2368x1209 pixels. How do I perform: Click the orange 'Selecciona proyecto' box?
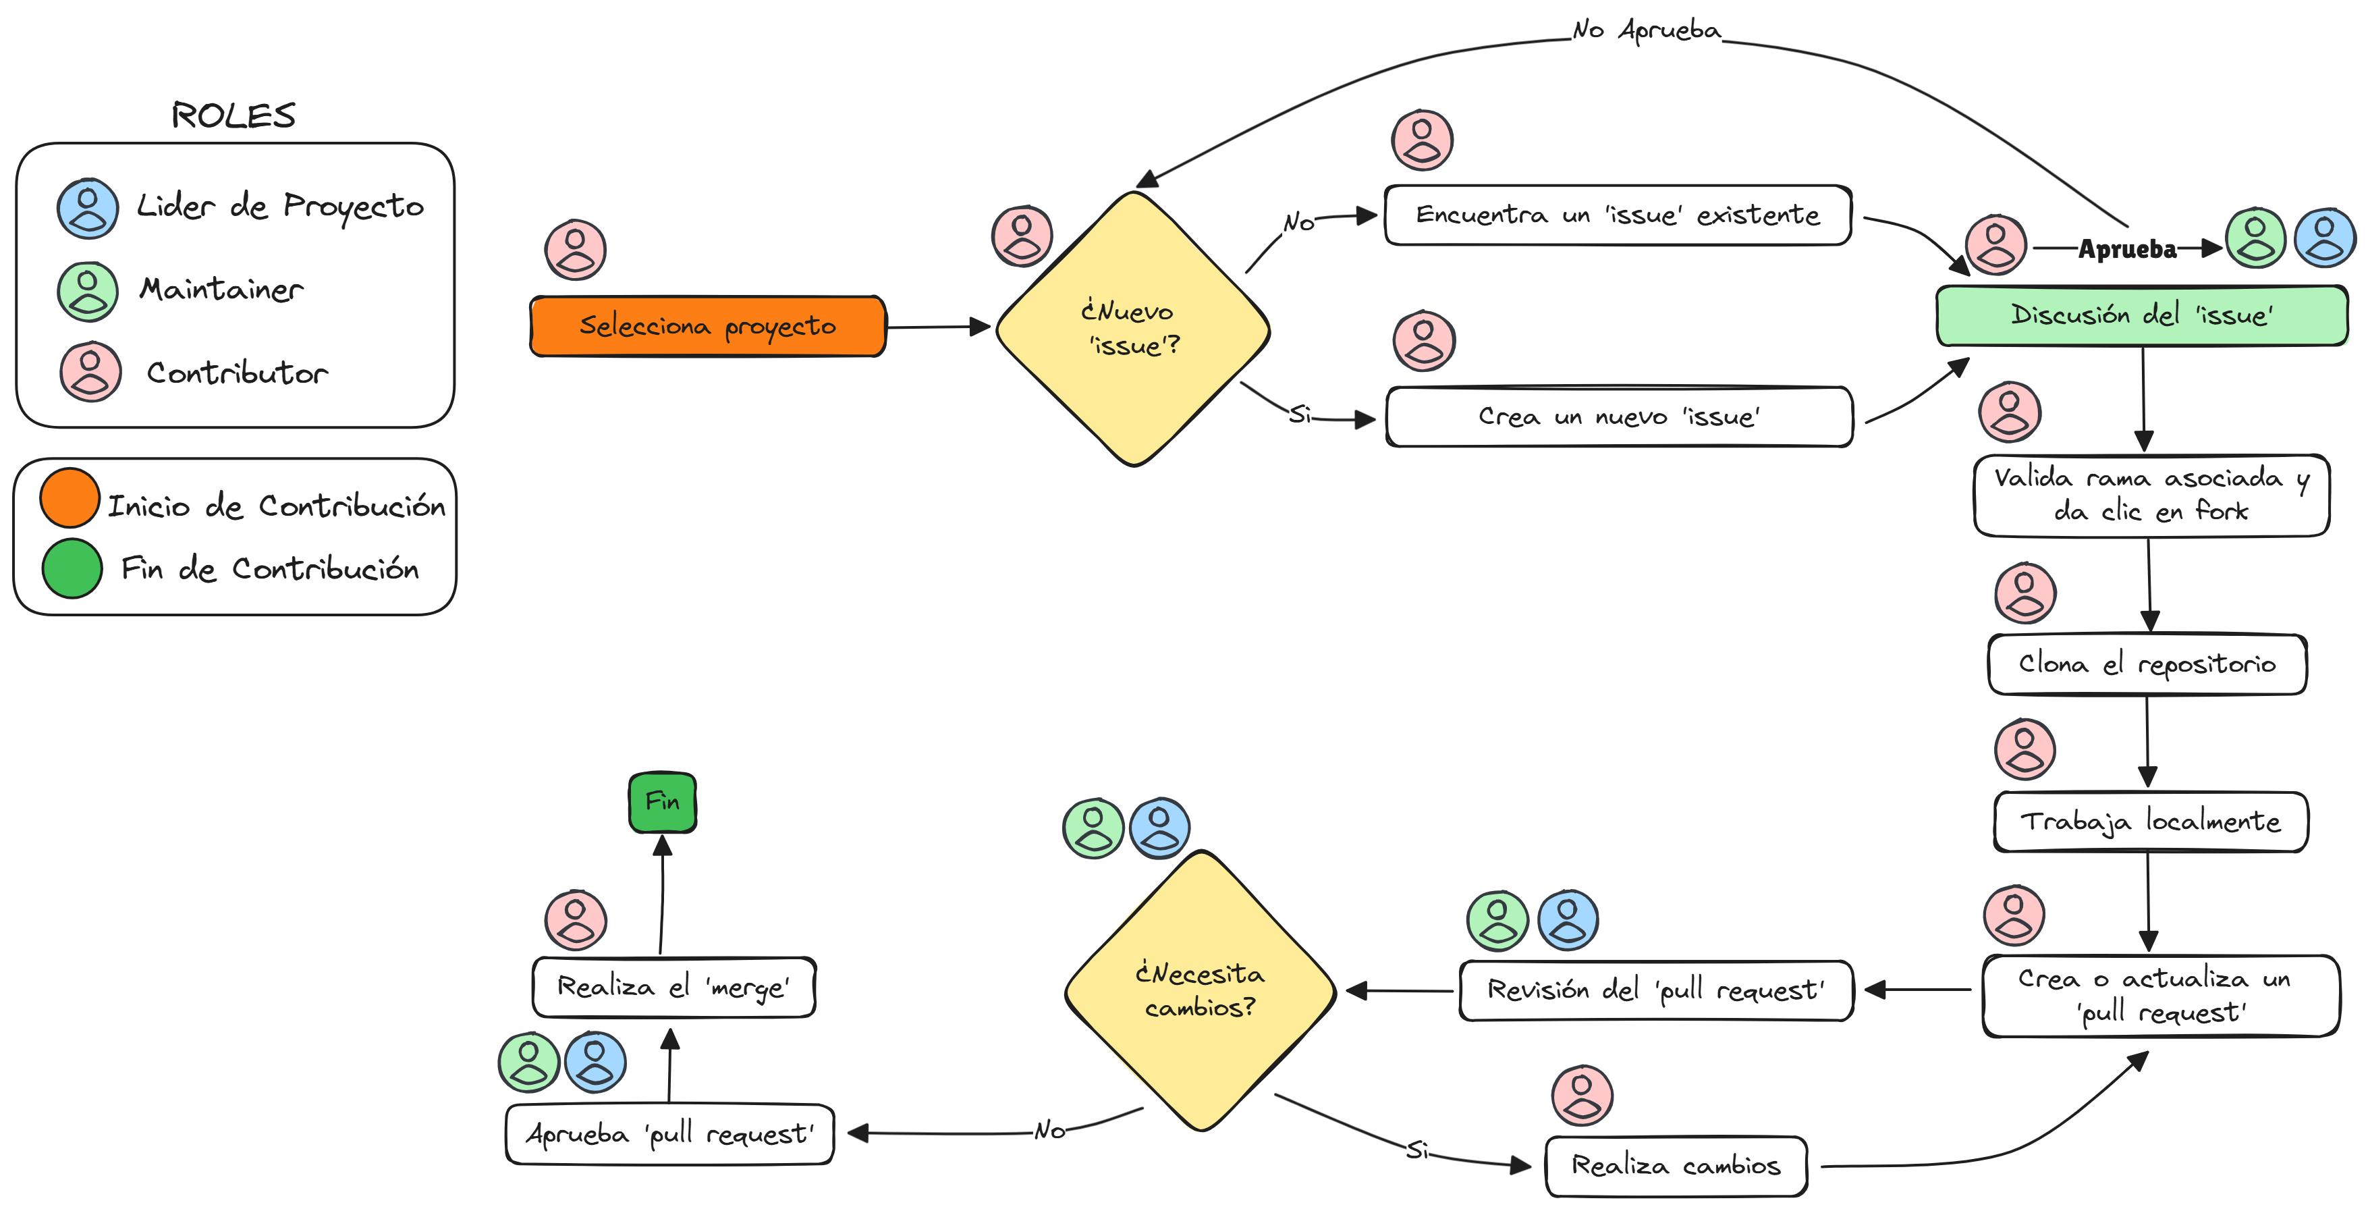(x=708, y=327)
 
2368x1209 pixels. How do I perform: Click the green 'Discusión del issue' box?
(x=2142, y=315)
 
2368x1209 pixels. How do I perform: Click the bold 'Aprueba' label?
(x=2127, y=249)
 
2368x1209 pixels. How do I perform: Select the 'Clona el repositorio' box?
(x=2147, y=664)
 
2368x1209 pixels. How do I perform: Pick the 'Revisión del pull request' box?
(x=1655, y=990)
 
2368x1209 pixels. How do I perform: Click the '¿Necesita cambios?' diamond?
(x=1200, y=990)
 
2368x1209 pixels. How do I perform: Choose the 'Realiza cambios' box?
(x=1676, y=1166)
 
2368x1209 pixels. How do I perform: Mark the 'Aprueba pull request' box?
(x=669, y=1133)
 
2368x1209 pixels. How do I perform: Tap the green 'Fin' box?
(x=663, y=802)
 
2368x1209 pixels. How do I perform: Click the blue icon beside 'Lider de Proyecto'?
(x=88, y=209)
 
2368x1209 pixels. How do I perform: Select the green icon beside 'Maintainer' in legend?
(x=88, y=292)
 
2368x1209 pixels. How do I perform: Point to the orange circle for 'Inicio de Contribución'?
(x=70, y=498)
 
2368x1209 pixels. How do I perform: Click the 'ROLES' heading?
(x=233, y=116)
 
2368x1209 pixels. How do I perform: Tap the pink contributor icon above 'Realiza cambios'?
(x=1582, y=1095)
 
